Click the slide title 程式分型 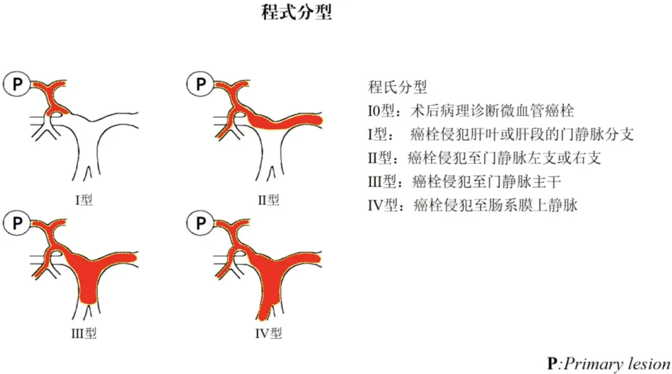[x=297, y=12]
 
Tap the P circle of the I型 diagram [x=17, y=85]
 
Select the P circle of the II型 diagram [x=200, y=85]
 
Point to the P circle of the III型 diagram [x=17, y=223]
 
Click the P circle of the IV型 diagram [x=200, y=223]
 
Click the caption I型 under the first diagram [x=83, y=200]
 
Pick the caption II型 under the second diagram [x=268, y=200]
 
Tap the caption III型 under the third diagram [x=84, y=333]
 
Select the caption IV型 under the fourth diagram [x=269, y=333]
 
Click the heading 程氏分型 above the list [x=397, y=87]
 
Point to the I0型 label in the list [x=381, y=111]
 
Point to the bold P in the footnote [x=552, y=363]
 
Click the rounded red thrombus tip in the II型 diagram [x=318, y=120]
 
